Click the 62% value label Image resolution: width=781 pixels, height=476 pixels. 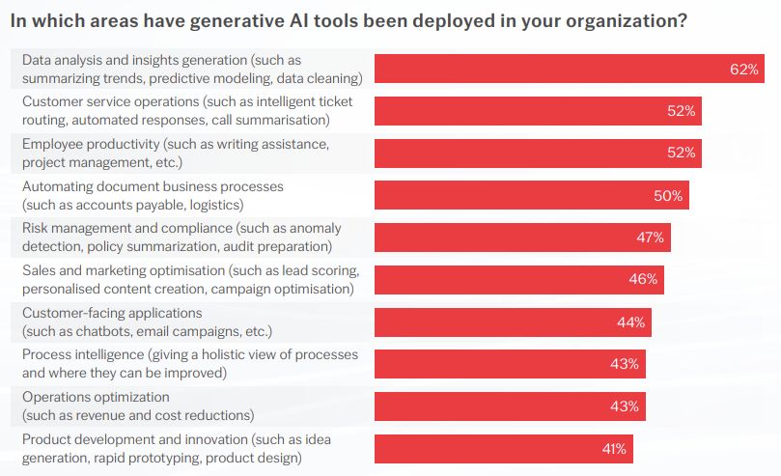[744, 70]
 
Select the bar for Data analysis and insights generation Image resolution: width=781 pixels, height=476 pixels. [550, 69]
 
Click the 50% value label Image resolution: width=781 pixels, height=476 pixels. [668, 195]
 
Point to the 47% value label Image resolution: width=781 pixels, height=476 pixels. [650, 238]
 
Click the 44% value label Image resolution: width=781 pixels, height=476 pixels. [631, 322]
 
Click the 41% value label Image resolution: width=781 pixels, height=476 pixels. [613, 449]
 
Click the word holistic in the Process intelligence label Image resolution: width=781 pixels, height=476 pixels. [216, 355]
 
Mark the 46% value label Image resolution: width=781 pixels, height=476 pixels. [644, 280]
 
